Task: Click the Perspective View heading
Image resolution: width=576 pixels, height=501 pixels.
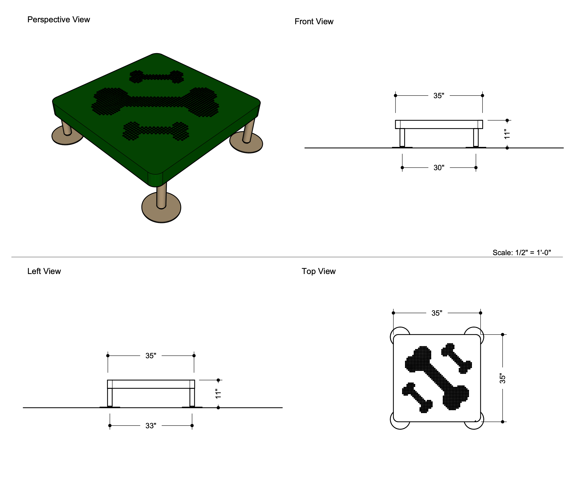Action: coord(59,20)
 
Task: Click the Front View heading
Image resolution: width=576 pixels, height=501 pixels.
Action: coord(314,22)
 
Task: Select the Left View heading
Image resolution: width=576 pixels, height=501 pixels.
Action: coord(44,271)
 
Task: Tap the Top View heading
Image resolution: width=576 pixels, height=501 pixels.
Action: coord(318,271)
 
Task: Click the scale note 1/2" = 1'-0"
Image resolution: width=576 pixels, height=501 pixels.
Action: coord(521,252)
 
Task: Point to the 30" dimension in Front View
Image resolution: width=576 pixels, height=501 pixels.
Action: coord(438,167)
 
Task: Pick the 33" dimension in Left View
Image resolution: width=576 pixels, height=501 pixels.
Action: coord(150,426)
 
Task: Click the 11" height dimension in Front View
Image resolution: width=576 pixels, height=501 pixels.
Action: coord(507,134)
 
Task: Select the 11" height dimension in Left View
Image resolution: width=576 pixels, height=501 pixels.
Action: coord(218,394)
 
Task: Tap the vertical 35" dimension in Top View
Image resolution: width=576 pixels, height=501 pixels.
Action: coord(503,378)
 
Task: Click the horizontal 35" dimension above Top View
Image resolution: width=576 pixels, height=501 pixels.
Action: coord(437,313)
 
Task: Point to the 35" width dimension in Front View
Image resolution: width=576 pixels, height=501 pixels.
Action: coord(438,95)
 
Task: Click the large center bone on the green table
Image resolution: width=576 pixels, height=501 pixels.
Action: coord(155,101)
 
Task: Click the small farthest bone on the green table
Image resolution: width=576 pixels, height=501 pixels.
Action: coord(156,77)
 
